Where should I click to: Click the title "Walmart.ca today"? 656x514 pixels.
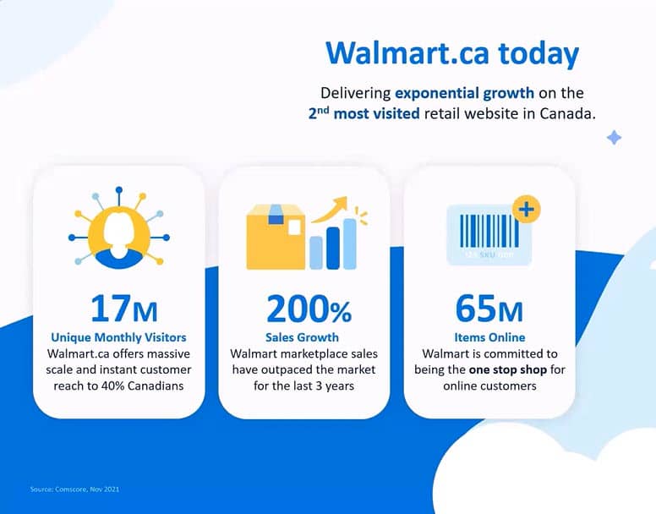point(451,53)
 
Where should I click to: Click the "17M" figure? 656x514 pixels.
point(123,309)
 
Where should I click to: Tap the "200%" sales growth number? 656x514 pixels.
point(309,310)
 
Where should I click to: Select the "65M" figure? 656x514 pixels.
point(489,309)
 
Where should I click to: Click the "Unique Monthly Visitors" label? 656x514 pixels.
point(118,337)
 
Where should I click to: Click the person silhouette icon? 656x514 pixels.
point(118,232)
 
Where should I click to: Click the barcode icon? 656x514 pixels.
point(489,232)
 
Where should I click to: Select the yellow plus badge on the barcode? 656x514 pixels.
point(527,209)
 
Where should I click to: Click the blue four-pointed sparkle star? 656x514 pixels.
point(614,137)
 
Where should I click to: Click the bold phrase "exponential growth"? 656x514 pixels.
point(463,93)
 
